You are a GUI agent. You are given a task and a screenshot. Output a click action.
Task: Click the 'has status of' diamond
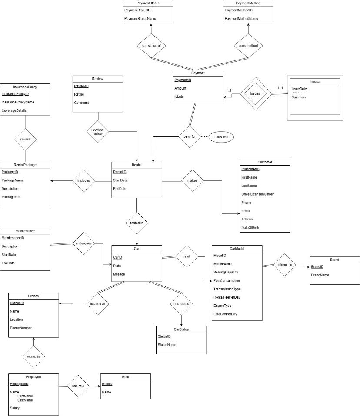pos(151,45)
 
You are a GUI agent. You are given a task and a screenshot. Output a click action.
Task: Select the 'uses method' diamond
pos(248,45)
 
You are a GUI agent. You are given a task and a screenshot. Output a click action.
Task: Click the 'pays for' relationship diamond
pos(188,137)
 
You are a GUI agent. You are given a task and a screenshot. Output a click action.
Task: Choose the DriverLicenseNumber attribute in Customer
pos(257,194)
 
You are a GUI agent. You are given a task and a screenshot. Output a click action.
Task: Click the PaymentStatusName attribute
pos(140,19)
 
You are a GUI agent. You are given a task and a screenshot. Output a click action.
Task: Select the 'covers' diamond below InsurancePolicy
pos(25,140)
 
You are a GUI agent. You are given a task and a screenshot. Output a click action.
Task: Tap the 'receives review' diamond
pos(98,131)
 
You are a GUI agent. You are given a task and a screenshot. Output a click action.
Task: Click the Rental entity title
pos(137,165)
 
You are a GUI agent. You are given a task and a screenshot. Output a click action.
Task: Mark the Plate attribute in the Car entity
pos(117,266)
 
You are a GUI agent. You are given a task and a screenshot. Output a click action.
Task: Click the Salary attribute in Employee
pos(15,408)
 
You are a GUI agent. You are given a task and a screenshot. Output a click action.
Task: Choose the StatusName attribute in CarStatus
pos(167,345)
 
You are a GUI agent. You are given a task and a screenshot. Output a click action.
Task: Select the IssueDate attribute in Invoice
pos(299,89)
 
